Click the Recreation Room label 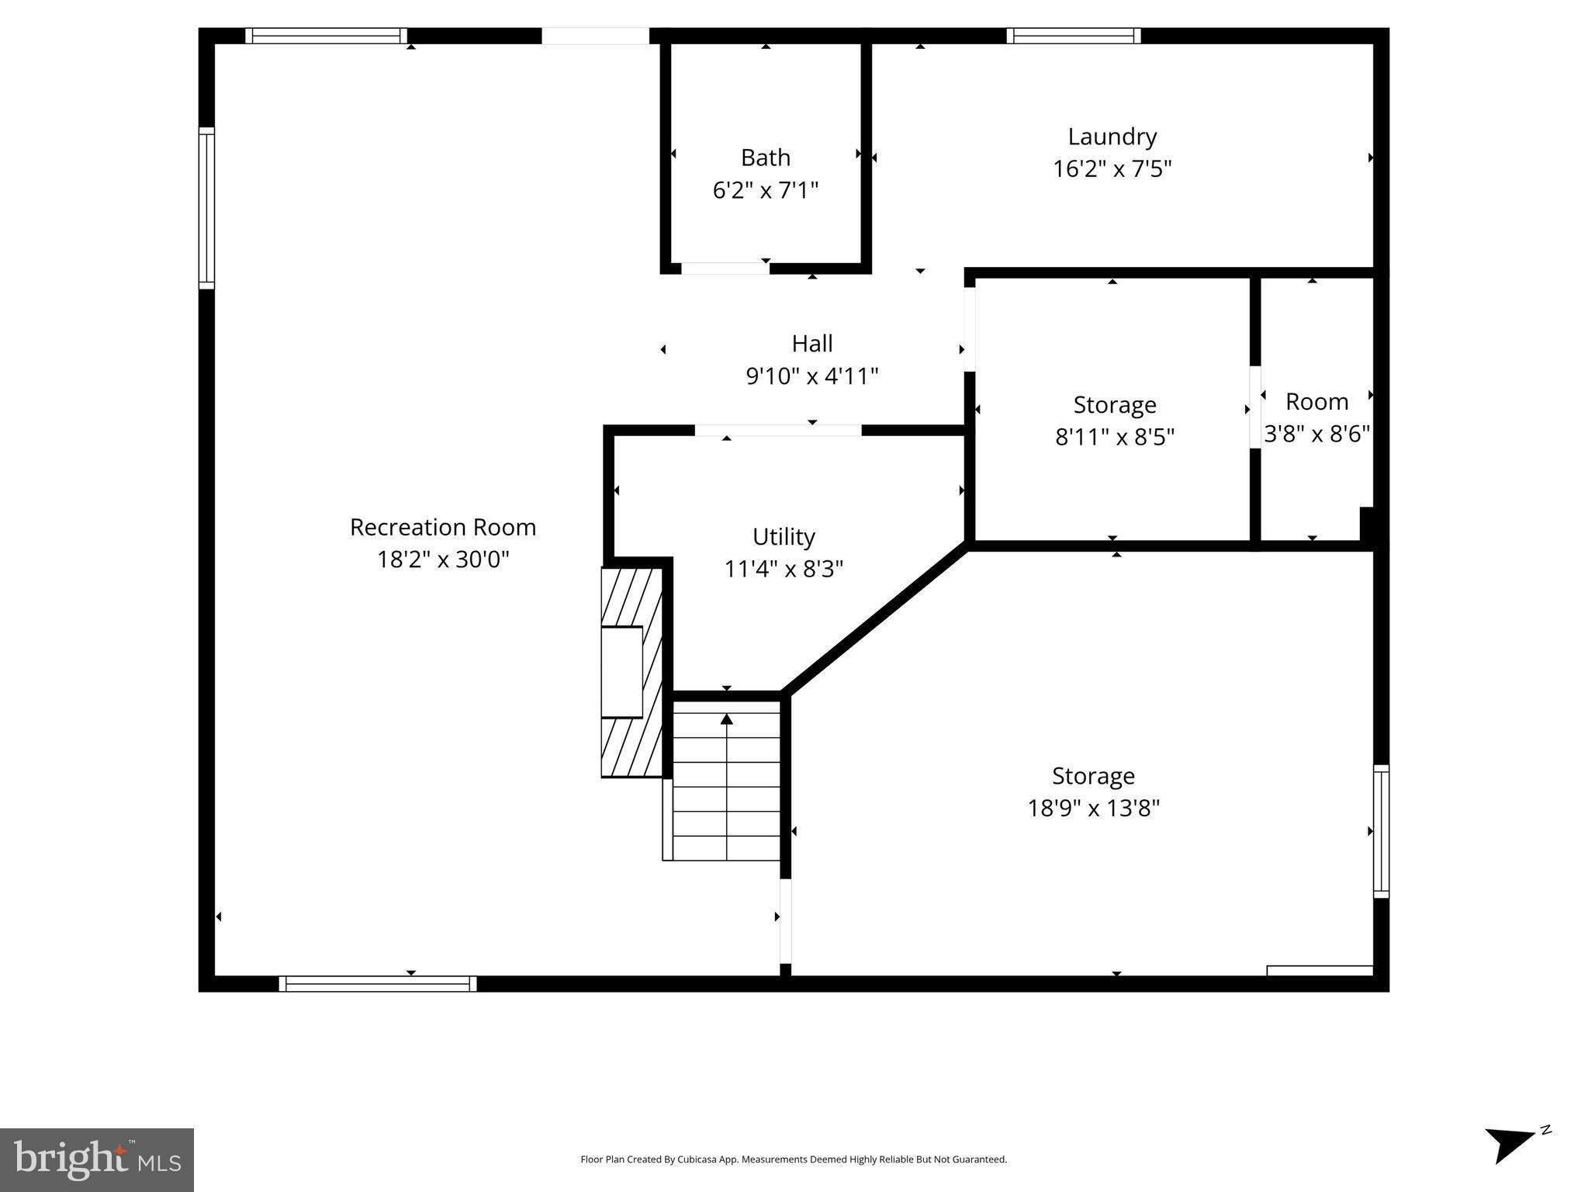(442, 527)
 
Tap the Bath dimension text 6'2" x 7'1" (765, 190)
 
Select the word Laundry (1112, 137)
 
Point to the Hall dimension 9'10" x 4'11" (811, 376)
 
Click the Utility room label (784, 536)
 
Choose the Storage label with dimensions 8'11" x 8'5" (1114, 404)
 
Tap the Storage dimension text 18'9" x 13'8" (1093, 809)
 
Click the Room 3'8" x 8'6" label (1316, 402)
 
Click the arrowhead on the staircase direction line (726, 719)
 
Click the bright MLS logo (97, 1159)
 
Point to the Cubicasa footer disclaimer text (793, 1159)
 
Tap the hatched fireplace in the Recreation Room (631, 672)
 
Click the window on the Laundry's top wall (1073, 36)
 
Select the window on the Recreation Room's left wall (206, 208)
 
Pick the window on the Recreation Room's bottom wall (377, 983)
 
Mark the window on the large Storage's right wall (1380, 831)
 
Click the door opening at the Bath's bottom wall (725, 269)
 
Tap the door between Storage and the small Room (1254, 407)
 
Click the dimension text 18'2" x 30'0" (442, 560)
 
